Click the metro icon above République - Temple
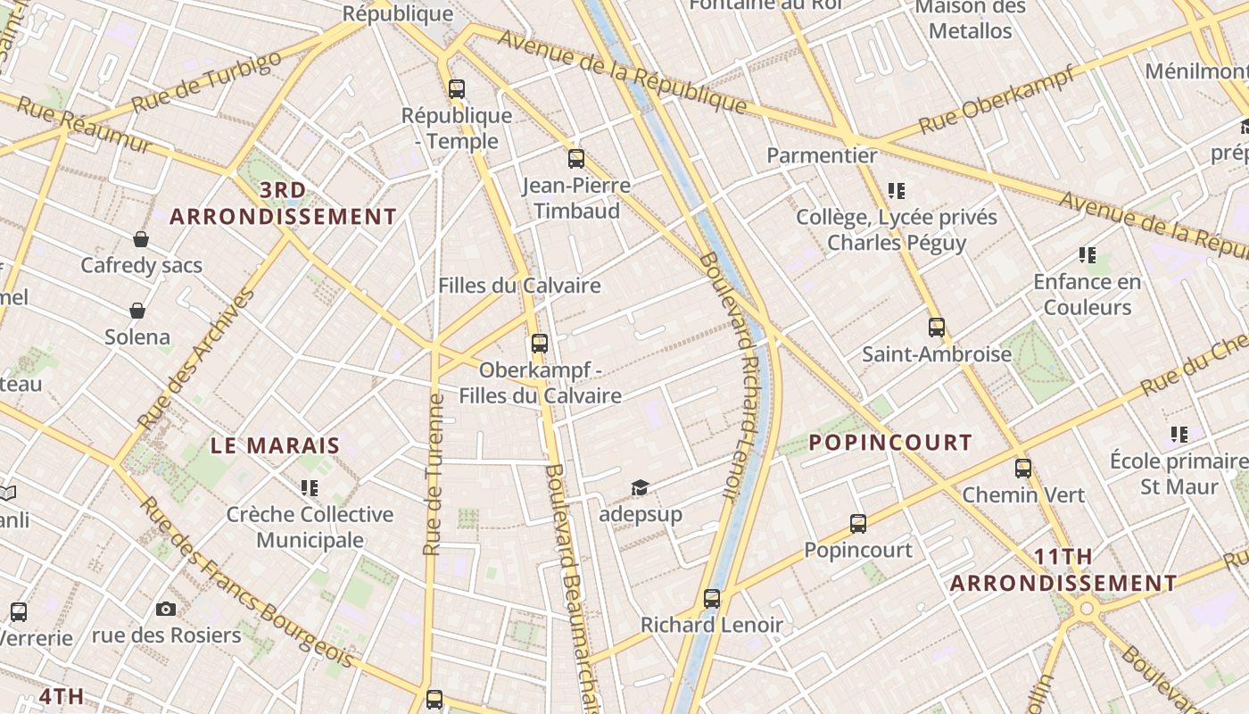click(457, 88)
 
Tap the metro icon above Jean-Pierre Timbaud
click(576, 159)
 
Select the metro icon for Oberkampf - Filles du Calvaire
click(539, 343)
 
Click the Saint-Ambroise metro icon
click(936, 328)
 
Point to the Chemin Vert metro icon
click(1023, 468)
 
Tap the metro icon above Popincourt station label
click(858, 523)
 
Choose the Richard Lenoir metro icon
click(711, 598)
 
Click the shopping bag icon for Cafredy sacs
click(141, 238)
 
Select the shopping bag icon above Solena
click(137, 310)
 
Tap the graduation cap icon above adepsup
click(640, 487)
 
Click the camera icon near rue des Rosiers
click(165, 609)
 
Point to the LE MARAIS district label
click(275, 445)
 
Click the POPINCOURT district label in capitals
click(889, 442)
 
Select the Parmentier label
click(822, 155)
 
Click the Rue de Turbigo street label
click(206, 81)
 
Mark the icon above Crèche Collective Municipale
click(310, 487)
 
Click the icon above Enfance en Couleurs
click(1087, 255)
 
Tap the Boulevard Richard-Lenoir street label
click(732, 375)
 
